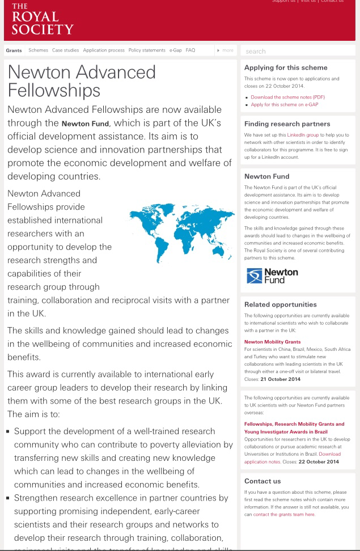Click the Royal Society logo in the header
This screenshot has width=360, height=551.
43,19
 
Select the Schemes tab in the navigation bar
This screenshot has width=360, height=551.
38,50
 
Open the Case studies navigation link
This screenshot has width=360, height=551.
65,50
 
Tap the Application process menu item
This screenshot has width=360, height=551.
104,50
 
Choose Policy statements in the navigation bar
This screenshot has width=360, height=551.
147,50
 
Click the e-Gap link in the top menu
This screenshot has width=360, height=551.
175,50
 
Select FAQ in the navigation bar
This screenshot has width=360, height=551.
190,50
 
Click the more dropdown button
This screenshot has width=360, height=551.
226,50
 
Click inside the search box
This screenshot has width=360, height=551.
298,51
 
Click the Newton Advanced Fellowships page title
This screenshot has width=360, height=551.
82,81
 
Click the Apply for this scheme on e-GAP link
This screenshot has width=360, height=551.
281,105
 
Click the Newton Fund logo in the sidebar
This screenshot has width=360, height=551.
273,275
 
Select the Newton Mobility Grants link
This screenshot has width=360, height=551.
272,342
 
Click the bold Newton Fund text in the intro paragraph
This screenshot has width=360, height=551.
85,124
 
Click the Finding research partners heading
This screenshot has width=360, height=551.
287,124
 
